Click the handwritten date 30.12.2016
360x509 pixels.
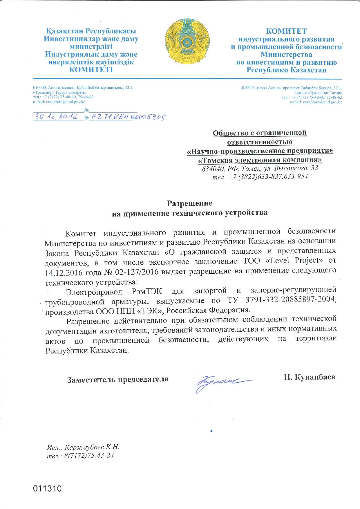(55, 117)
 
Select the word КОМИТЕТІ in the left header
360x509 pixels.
(91, 70)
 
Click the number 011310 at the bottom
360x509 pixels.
(48, 489)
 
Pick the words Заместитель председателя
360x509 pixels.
(118, 379)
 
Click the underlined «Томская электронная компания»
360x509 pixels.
(259, 160)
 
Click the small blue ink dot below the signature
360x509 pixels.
(212, 431)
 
